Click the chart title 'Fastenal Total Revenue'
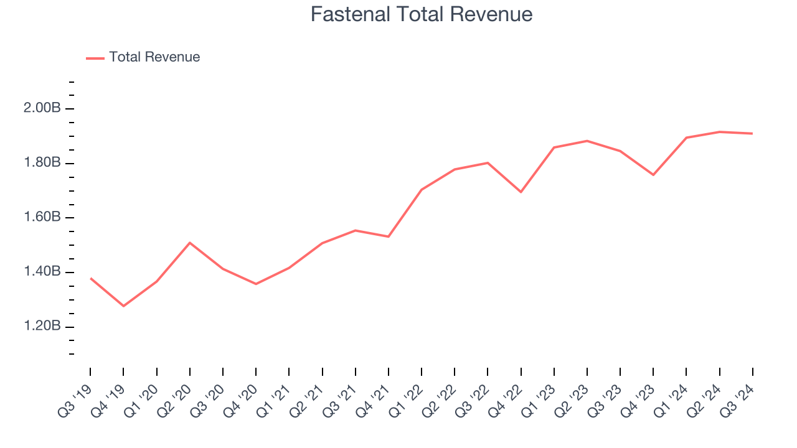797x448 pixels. click(422, 14)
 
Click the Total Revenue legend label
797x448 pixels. click(154, 57)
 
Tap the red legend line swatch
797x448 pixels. click(95, 58)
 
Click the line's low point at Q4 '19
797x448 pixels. click(123, 306)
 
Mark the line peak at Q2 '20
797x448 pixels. click(189, 243)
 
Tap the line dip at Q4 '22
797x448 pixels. click(521, 192)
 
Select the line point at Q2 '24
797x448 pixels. click(720, 132)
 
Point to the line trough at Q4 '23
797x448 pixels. click(653, 175)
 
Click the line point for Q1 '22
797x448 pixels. click(422, 190)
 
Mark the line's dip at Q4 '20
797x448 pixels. click(256, 284)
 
